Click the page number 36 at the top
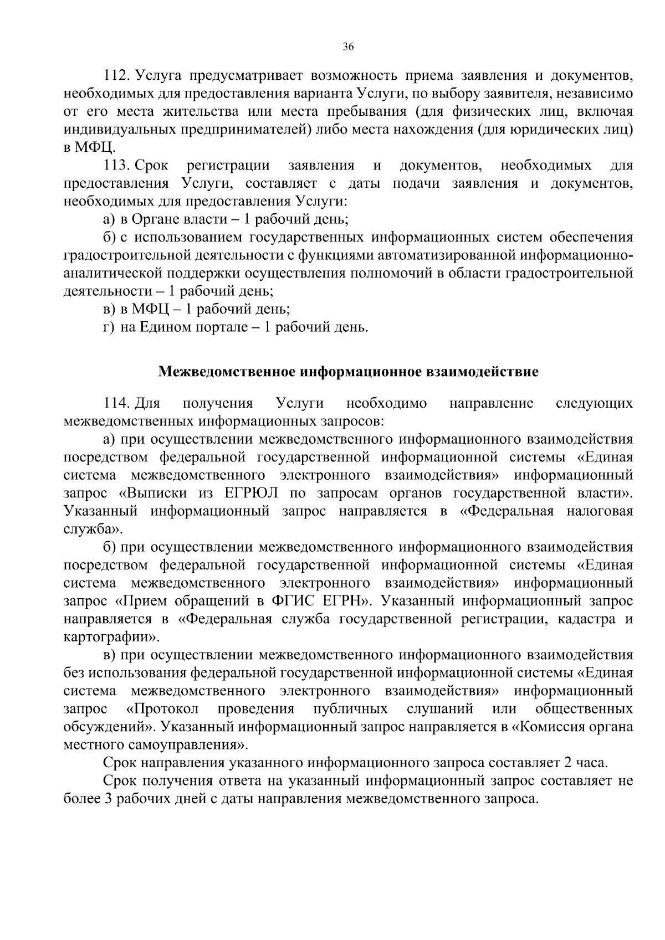(348, 47)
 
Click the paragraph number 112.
(116, 75)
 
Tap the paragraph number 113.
(116, 166)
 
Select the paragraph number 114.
(116, 403)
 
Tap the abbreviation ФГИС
(293, 601)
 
